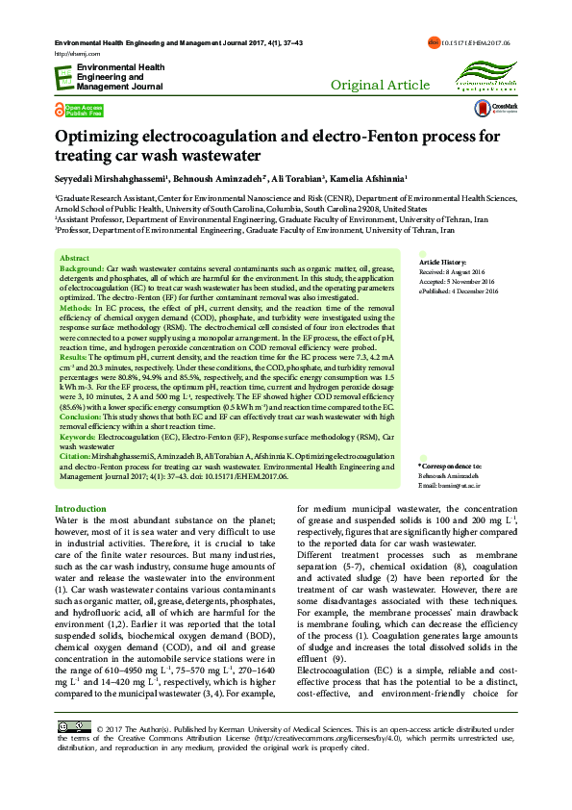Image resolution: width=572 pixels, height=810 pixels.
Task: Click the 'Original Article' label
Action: tap(380, 86)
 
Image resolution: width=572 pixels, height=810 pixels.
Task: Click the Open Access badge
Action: tap(80, 111)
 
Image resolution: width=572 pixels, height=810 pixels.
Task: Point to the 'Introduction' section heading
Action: tap(81, 508)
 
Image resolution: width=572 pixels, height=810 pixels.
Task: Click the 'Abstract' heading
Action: tap(74, 259)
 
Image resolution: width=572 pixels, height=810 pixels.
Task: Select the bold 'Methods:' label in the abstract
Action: tap(77, 308)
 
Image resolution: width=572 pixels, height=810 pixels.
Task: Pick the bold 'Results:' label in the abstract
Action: tap(75, 356)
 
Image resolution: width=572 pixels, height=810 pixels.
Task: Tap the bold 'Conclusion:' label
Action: tap(83, 417)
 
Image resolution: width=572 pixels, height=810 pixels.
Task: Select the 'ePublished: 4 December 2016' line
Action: tap(459, 291)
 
